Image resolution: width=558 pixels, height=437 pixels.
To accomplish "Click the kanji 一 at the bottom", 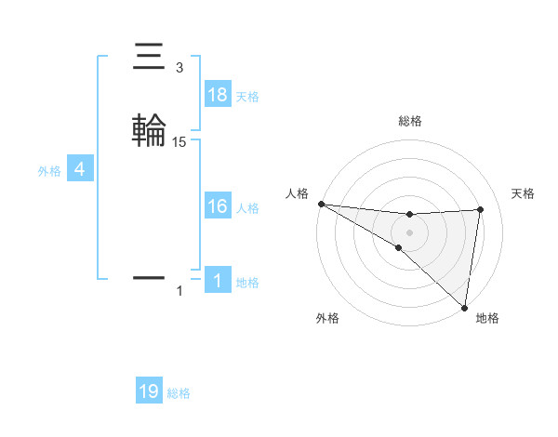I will coord(149,277).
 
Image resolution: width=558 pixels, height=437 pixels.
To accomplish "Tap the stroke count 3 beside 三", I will coord(179,68).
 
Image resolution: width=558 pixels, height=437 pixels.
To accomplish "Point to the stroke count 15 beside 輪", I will coord(179,141).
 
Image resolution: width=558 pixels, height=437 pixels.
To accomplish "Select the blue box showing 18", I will coord(218,95).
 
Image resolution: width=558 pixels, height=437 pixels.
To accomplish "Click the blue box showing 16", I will coord(218,207).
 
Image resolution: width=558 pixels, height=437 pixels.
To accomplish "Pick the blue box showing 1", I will coord(218,282).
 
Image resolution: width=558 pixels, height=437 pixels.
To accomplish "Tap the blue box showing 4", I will coord(80,170).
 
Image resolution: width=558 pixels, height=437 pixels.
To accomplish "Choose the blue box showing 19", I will coord(149,392).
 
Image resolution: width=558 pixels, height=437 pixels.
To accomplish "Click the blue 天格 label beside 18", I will coord(247,96).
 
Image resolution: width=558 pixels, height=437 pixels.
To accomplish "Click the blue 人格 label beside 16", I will coord(247,208).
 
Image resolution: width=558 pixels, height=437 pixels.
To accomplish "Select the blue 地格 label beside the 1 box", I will coord(247,283).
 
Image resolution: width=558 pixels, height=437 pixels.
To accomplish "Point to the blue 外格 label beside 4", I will coord(48,171).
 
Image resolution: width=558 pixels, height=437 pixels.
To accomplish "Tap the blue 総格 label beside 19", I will coord(179,393).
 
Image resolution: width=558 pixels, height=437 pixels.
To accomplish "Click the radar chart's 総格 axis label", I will coord(409,121).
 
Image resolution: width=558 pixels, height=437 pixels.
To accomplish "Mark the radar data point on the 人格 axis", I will coord(321,203).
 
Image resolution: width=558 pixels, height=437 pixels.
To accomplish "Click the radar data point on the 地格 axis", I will coord(464,307).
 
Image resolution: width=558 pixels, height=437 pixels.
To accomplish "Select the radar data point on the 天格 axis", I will coord(480,209).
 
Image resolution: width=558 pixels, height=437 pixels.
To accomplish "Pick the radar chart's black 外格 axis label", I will coord(327,318).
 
